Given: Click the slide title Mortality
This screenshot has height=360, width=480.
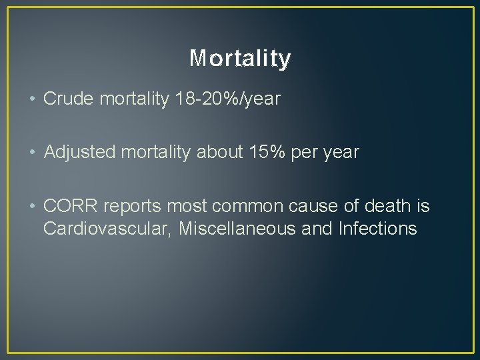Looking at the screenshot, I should coord(240,59).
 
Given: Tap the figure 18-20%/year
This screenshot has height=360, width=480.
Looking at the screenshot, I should coord(227,99).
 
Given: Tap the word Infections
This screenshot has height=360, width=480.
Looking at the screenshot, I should coord(377,229).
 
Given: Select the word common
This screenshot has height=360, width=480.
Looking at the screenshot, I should coord(251,207).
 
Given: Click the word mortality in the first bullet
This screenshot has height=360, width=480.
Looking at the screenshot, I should coord(134,99).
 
